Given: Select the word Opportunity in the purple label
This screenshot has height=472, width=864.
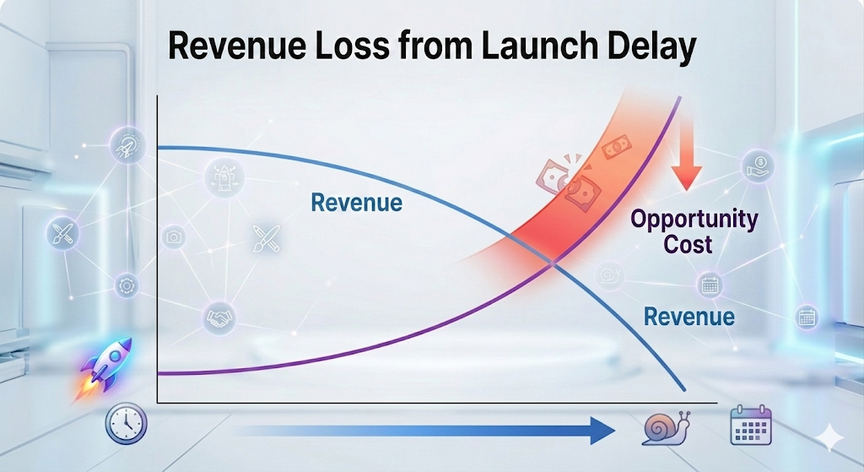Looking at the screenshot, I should click(694, 220).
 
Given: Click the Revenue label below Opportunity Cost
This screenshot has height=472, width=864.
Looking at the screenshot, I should click(688, 317).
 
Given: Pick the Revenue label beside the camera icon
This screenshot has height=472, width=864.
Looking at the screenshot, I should click(356, 203).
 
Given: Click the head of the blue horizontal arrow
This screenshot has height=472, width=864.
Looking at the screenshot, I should click(600, 430).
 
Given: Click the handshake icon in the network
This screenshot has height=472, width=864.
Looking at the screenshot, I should click(219, 317).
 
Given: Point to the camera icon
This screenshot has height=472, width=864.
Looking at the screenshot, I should click(175, 238).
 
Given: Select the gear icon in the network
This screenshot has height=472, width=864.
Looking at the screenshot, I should click(126, 284).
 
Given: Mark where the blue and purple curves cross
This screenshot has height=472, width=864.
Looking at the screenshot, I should click(553, 263).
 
